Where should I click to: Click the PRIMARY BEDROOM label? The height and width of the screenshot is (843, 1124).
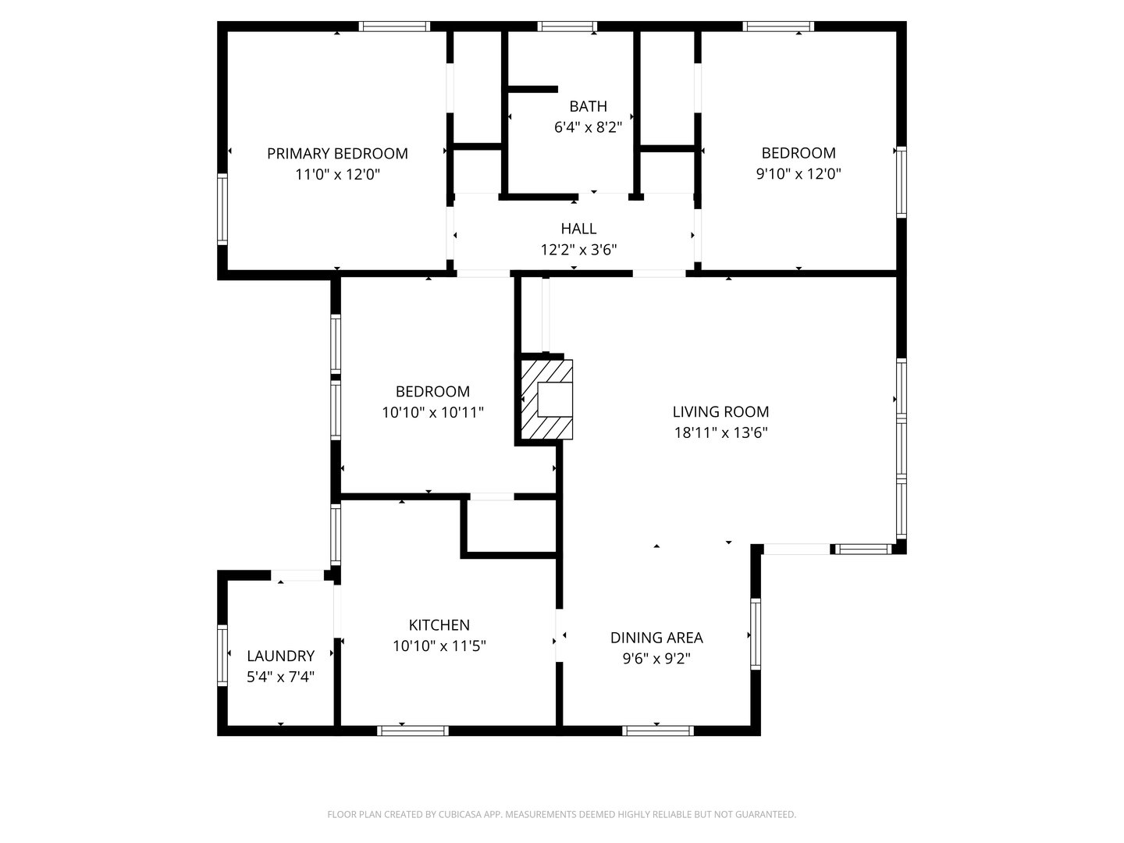337,154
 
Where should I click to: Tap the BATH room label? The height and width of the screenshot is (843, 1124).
588,106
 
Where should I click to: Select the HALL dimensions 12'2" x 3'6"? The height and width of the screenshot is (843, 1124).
579,250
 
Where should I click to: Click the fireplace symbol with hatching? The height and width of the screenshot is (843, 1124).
546,400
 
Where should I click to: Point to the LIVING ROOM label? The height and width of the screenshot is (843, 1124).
720,412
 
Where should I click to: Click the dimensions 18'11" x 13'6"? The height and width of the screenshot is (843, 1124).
720,433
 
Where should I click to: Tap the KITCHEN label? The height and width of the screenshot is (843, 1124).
439,625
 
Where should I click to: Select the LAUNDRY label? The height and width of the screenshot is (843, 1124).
280,656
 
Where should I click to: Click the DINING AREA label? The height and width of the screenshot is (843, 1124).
656,638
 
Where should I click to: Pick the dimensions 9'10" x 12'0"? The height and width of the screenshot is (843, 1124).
799,174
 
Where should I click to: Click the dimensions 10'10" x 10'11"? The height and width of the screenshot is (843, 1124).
432,412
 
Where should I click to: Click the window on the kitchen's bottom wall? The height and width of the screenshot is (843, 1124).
412,731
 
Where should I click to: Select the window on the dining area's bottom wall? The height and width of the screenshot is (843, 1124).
657,731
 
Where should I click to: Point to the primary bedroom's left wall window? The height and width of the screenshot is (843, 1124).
222,209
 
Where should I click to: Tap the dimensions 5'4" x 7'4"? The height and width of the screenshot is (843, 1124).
280,677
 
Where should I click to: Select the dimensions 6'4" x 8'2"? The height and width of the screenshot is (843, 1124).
588,127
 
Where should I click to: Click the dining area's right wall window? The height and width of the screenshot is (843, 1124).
755,634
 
